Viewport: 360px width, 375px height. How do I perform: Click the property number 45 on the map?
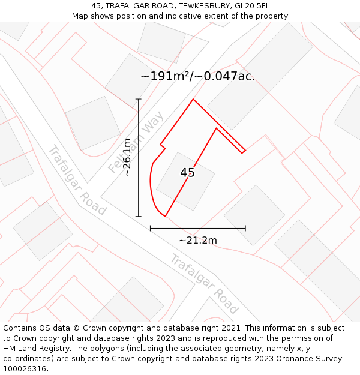pos(187,173)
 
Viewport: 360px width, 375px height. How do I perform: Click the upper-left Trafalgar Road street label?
pos(77,180)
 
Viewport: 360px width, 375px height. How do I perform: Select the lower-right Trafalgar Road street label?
pos(205,284)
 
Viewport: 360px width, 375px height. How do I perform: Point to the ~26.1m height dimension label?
pos(127,157)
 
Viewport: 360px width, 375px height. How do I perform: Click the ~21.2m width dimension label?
pos(198,240)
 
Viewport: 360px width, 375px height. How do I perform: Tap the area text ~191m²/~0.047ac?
pos(197,76)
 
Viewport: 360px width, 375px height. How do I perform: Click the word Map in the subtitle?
pos(80,16)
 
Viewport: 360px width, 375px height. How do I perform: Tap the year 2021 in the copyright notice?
pos(229,328)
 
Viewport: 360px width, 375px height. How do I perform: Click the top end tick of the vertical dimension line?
pos(139,99)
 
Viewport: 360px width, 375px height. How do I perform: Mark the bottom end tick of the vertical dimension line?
pos(139,216)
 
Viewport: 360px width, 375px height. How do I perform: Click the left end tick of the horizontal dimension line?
pos(150,228)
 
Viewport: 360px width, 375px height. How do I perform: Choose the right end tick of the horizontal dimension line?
pos(245,228)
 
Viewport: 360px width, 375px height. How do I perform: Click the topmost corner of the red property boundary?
pos(193,99)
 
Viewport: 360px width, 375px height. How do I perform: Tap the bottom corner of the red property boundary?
pos(165,216)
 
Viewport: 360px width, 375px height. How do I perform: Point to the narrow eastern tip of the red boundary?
pos(244,151)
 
